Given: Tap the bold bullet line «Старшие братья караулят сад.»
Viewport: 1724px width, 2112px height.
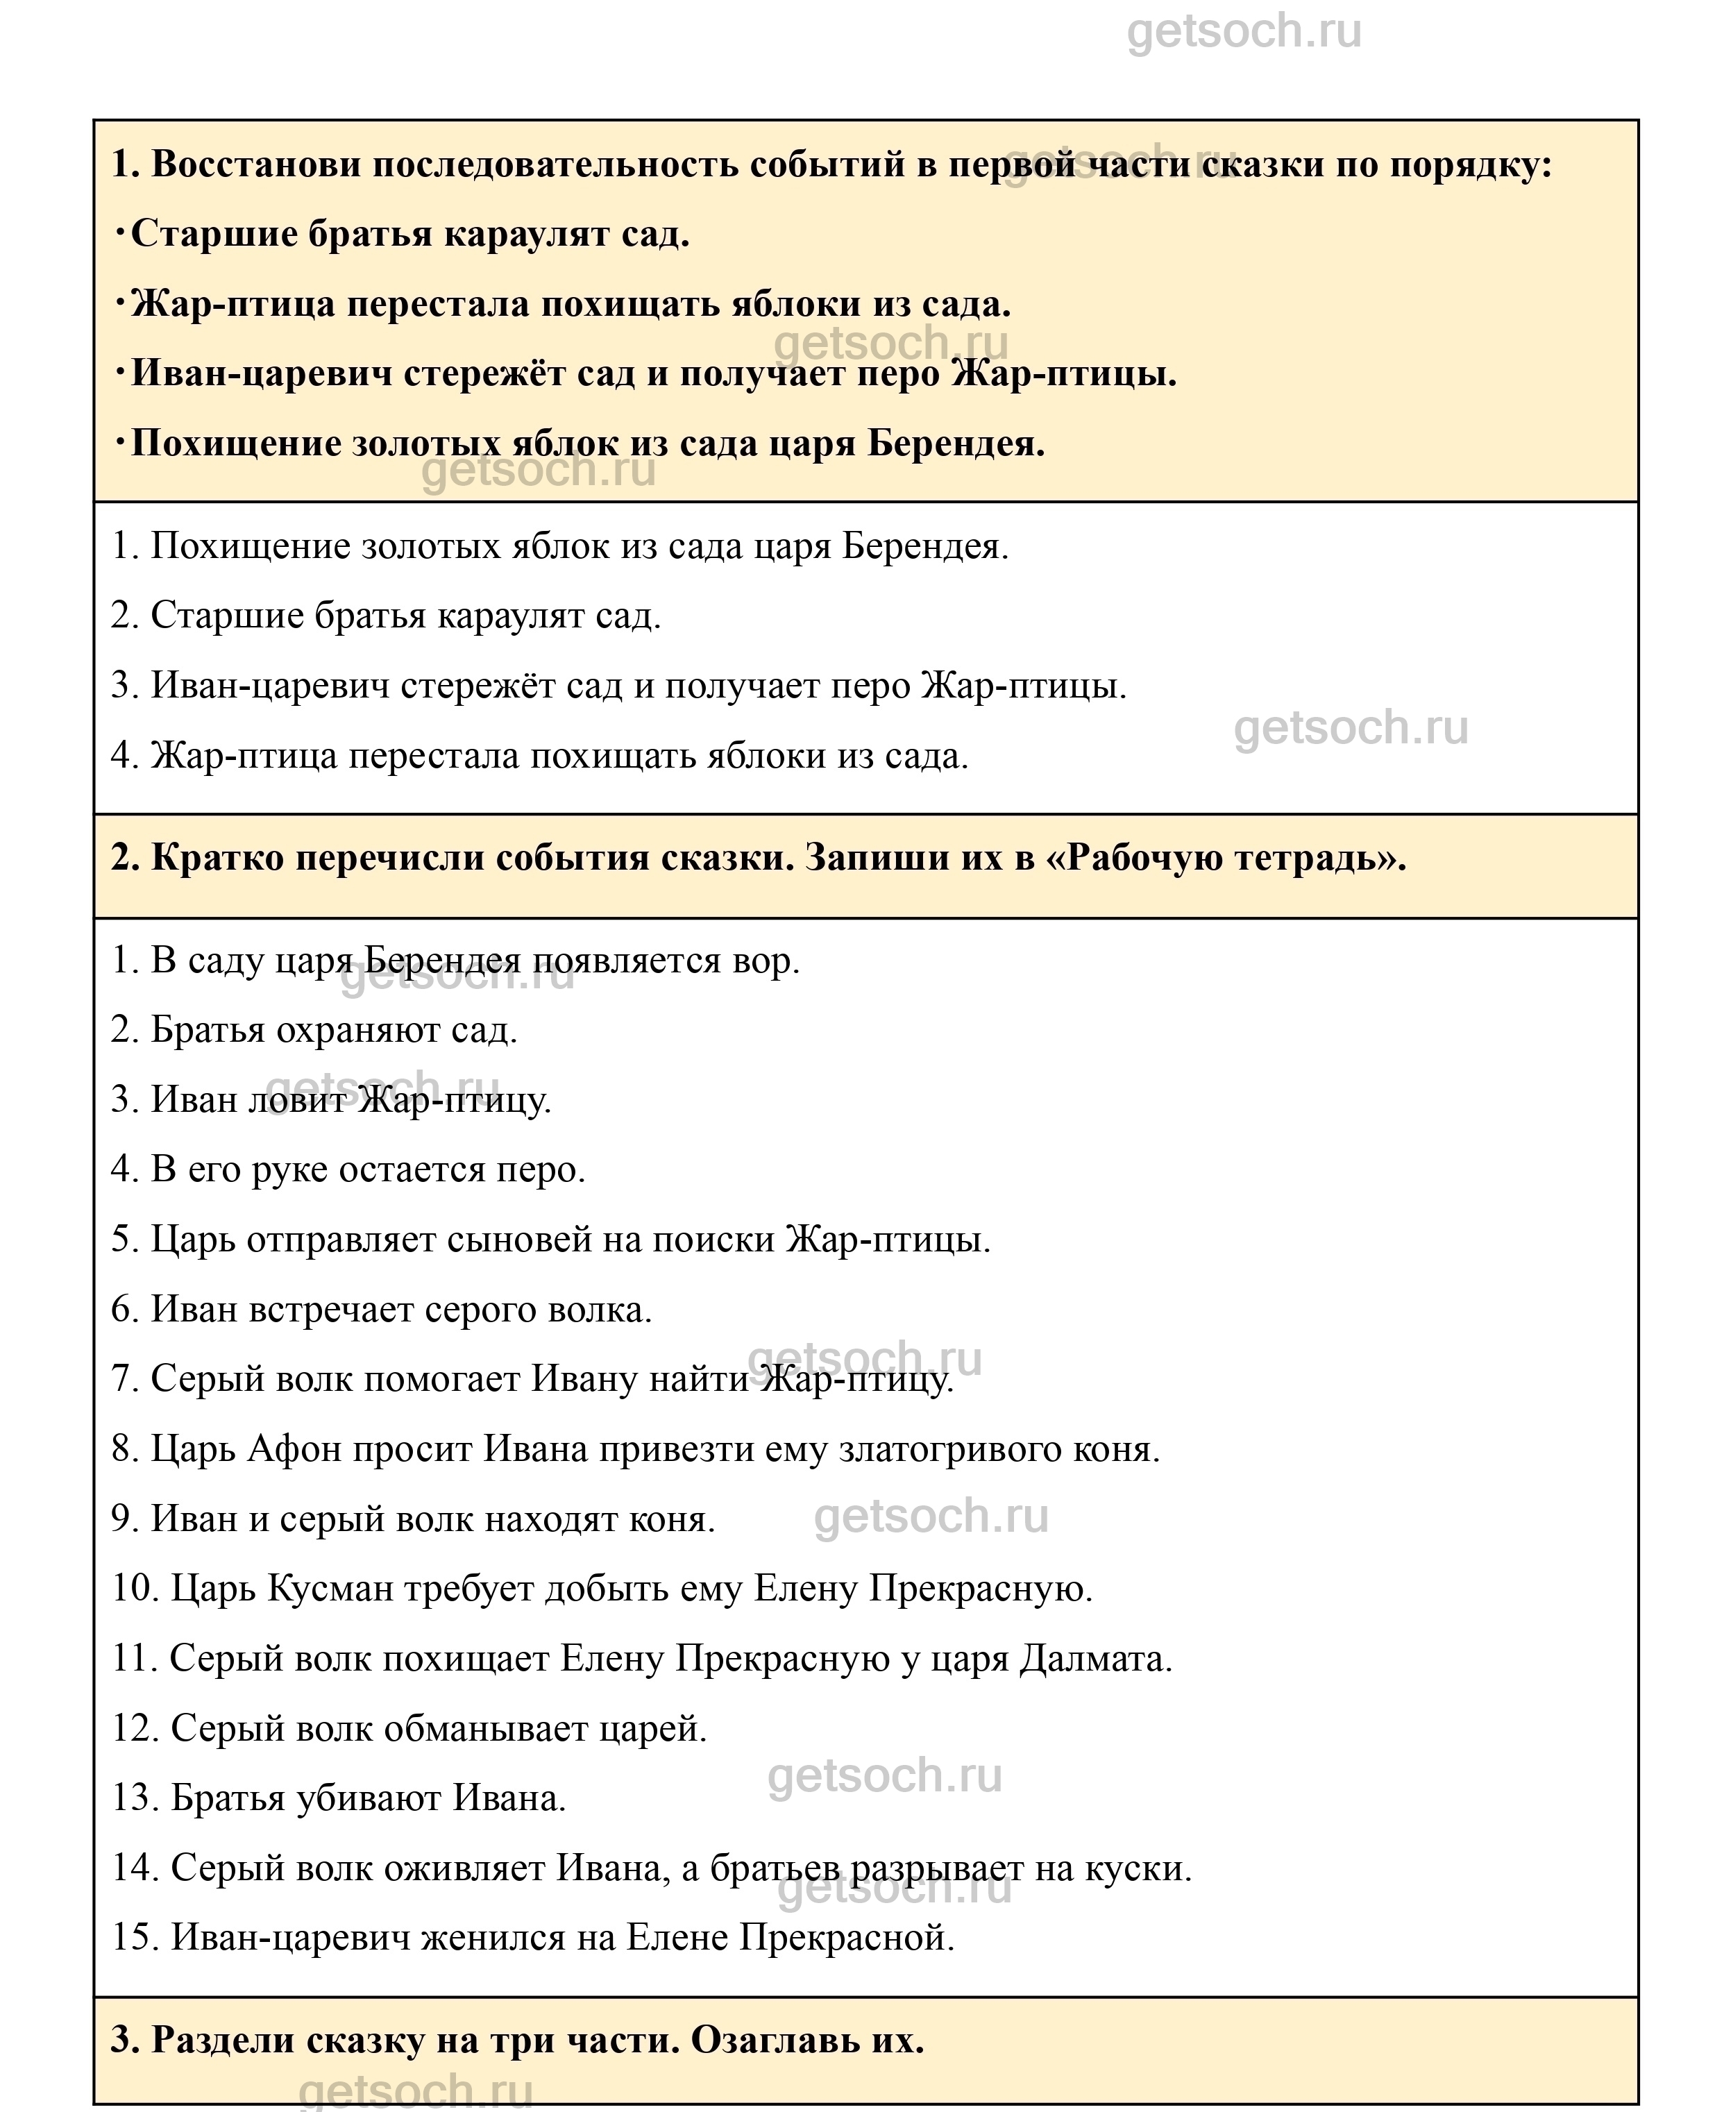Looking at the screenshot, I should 409,235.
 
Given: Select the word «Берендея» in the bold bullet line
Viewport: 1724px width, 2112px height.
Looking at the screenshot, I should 956,444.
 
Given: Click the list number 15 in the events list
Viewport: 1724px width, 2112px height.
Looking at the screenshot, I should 134,1937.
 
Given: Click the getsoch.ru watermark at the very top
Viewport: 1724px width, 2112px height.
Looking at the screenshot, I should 1243,32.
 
